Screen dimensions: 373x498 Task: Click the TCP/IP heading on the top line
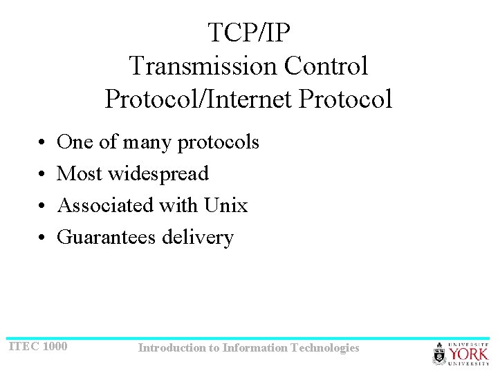coord(248,32)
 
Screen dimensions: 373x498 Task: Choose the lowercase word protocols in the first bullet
coord(218,143)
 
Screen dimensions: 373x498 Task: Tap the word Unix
coord(225,205)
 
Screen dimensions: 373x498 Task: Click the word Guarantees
coord(107,237)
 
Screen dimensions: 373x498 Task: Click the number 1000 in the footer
coord(55,346)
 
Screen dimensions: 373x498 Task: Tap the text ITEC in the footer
coord(23,346)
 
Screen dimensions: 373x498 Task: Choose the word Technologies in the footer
coord(325,348)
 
